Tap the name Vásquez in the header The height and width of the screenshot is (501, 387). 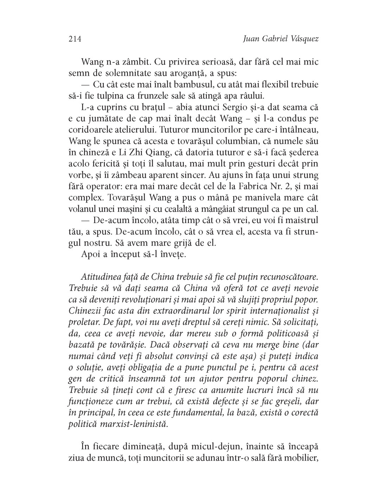303,38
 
